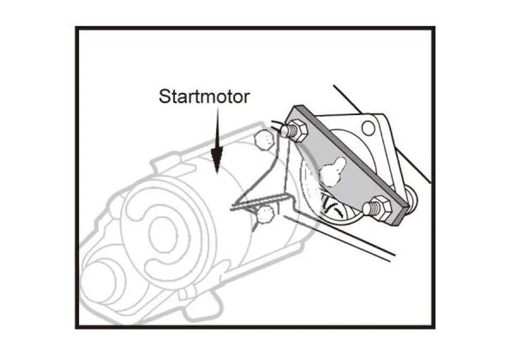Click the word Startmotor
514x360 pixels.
pos(204,97)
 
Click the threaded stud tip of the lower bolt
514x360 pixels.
pos(368,209)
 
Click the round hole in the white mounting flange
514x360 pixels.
pos(368,127)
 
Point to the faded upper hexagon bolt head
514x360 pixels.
pos(263,140)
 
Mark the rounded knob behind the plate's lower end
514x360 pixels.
pos(411,197)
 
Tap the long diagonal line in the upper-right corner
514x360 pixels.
pos(382,134)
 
